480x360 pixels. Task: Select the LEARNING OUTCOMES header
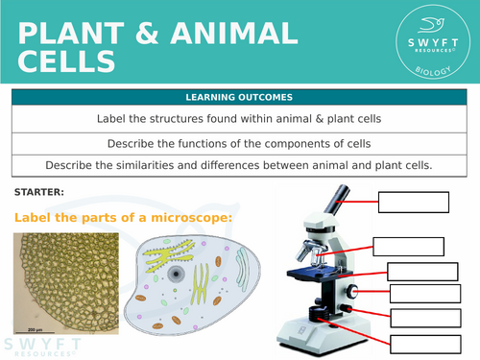239,98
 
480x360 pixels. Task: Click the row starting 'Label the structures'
239,119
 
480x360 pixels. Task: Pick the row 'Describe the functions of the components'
239,143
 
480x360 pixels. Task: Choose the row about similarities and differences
239,165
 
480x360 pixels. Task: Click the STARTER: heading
39,192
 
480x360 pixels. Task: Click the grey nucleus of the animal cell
176,274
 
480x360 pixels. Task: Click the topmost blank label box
414,203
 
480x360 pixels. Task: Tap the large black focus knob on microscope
353,291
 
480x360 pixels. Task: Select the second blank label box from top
408,247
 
